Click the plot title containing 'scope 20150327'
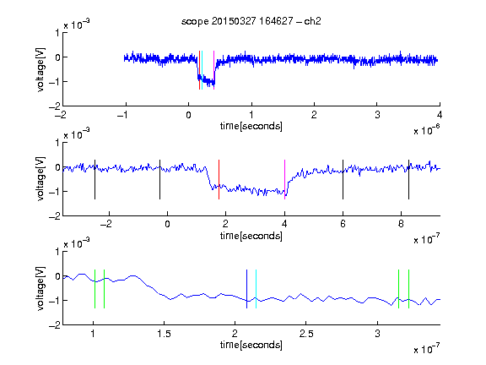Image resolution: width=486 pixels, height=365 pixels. click(251, 21)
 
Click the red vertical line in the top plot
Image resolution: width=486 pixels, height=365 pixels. click(199, 70)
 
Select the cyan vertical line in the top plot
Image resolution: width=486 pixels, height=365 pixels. click(202, 70)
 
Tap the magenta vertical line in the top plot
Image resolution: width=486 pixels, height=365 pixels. click(213, 70)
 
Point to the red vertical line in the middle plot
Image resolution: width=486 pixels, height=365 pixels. click(219, 179)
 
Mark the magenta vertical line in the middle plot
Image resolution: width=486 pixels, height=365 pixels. click(284, 179)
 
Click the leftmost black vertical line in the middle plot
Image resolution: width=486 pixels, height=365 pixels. click(94, 179)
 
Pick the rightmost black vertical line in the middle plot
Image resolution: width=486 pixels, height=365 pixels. click(408, 179)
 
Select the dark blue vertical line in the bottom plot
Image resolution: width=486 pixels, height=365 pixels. click(246, 289)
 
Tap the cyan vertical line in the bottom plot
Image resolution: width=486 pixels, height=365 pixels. click(256, 289)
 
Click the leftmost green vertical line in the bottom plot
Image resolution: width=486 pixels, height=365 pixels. click(94, 289)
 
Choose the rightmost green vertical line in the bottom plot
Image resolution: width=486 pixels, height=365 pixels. click(408, 289)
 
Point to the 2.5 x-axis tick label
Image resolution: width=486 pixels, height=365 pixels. click(306, 334)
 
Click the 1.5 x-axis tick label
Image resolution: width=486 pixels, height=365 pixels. click(164, 334)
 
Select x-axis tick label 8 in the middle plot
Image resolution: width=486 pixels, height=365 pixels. click(401, 224)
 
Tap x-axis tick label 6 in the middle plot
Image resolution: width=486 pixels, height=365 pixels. click(343, 224)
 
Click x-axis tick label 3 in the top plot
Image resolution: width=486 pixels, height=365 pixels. click(377, 115)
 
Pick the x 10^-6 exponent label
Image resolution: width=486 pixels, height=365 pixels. click(426, 130)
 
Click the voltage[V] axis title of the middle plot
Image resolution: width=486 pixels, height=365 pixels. click(40, 179)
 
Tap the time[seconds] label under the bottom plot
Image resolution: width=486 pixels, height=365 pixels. click(251, 345)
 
